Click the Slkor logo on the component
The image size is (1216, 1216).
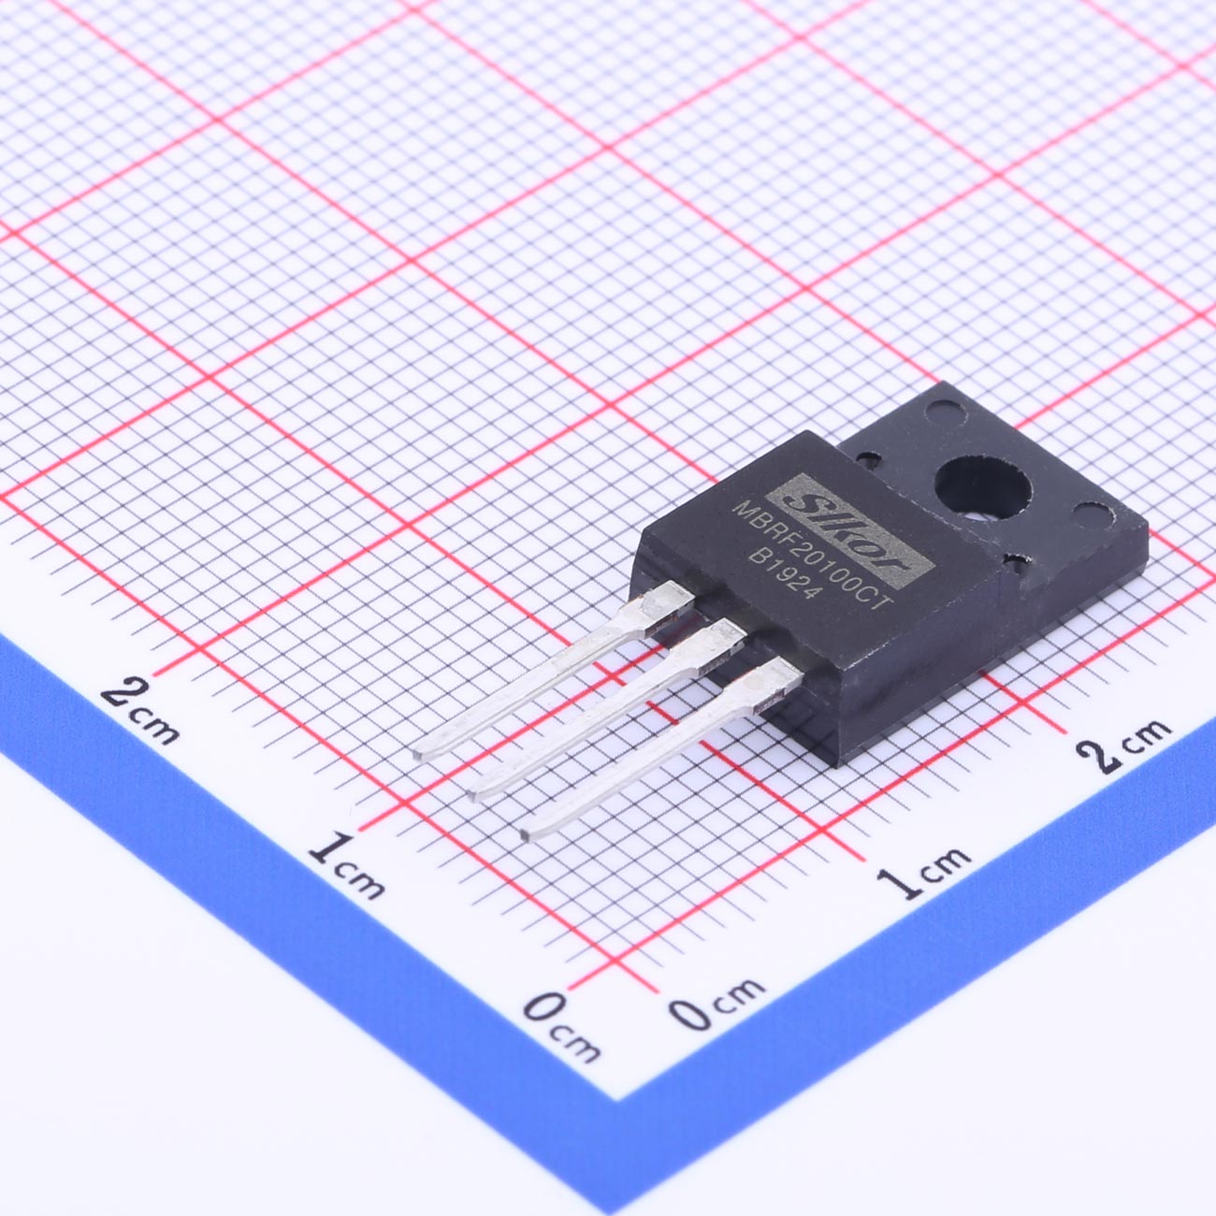pyautogui.click(x=849, y=530)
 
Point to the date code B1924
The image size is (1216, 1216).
pyautogui.click(x=785, y=576)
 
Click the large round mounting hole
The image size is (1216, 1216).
pyautogui.click(x=982, y=487)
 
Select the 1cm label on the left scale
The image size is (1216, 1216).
pyautogui.click(x=346, y=865)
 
